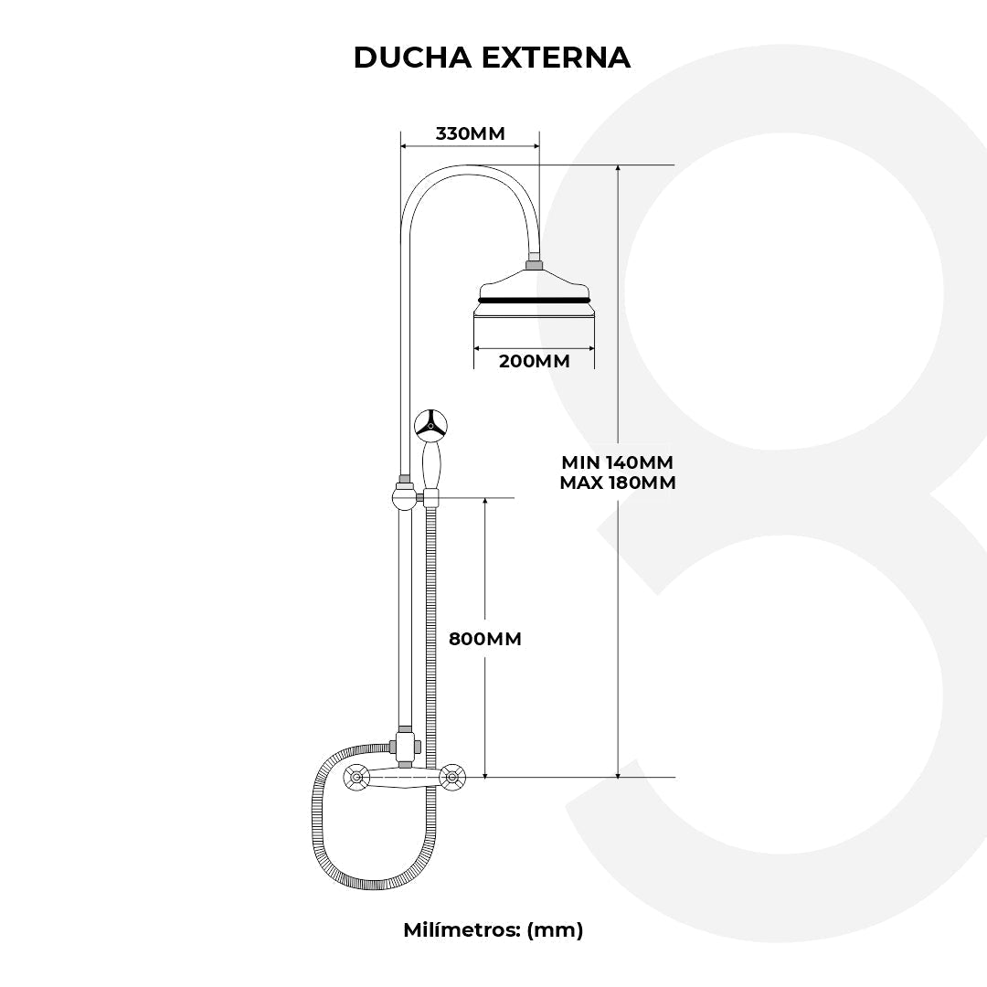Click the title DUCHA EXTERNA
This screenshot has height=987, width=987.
[x=492, y=57]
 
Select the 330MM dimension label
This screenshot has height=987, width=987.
[x=470, y=133]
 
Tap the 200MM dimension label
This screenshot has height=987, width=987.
[x=534, y=361]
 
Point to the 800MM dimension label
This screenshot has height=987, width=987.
[x=485, y=639]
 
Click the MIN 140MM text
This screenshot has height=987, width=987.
[x=618, y=462]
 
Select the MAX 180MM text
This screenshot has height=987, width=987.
[x=618, y=483]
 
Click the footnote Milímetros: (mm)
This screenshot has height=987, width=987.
[x=493, y=929]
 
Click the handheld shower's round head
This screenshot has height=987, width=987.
[x=430, y=425]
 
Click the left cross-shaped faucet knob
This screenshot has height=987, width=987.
[x=356, y=779]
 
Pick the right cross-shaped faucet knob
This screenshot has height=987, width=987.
[x=451, y=778]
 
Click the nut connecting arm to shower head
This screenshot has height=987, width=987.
[x=534, y=266]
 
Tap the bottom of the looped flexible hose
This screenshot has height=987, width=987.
[x=375, y=886]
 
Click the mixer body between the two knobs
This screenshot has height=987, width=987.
[x=404, y=778]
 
